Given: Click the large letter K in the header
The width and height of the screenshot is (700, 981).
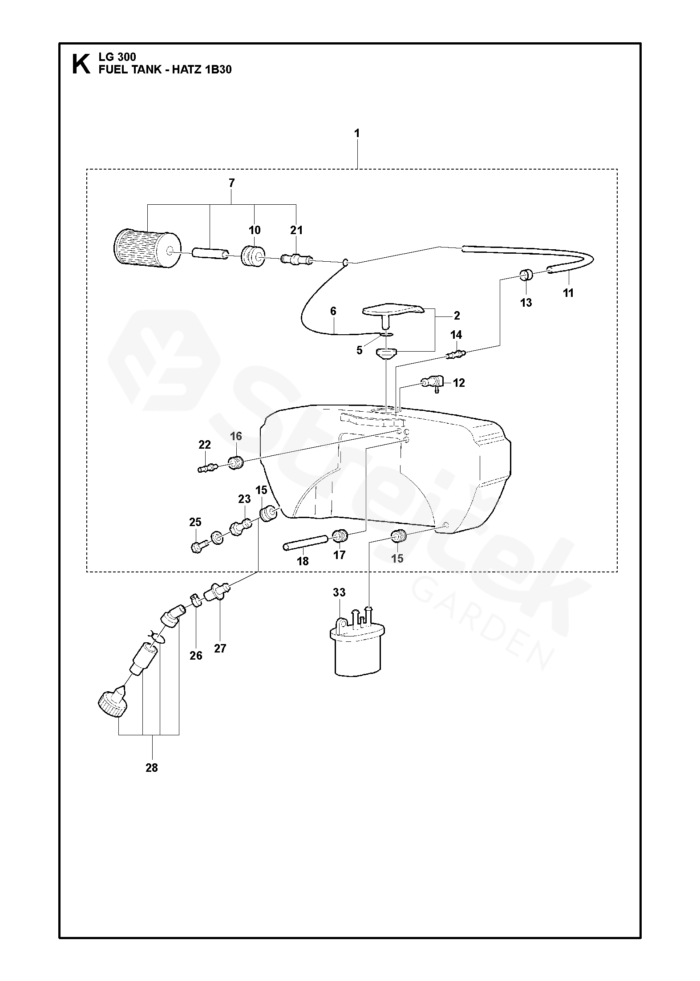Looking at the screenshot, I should [x=80, y=63].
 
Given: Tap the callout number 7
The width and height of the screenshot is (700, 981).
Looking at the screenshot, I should [x=231, y=183].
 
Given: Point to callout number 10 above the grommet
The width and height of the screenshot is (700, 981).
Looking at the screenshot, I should [x=255, y=230].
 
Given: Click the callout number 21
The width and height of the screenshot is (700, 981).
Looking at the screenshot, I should [x=296, y=230].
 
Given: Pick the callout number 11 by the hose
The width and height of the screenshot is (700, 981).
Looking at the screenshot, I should [x=568, y=293].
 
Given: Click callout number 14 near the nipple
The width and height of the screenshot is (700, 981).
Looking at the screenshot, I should [x=456, y=335].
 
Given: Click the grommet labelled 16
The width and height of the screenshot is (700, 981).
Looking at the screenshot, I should [x=236, y=463].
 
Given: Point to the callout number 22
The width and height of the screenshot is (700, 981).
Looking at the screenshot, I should [x=205, y=444].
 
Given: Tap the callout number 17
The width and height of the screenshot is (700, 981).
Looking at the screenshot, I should [x=339, y=555].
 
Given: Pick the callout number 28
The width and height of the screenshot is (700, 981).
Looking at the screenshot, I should [x=151, y=768].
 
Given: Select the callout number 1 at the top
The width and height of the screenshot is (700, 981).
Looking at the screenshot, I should [x=357, y=133].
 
